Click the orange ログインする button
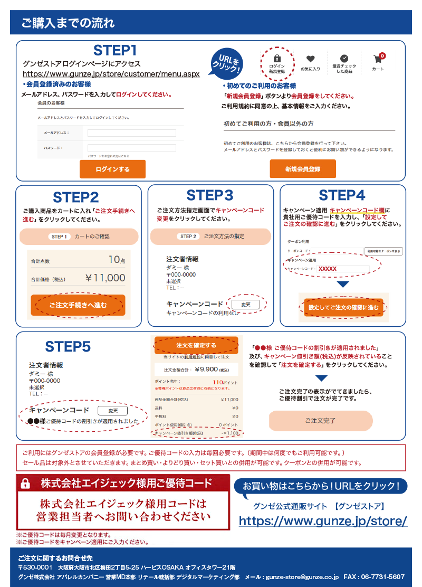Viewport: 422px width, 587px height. (112, 169)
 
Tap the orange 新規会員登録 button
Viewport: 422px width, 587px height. (303, 169)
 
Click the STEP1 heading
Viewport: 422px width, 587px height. (115, 51)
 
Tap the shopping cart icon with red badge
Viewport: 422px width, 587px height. (378, 59)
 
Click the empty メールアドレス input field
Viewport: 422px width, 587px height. (131, 133)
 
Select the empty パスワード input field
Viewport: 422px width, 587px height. (131, 148)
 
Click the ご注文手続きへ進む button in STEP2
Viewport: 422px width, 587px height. (78, 305)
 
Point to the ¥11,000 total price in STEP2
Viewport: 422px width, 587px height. (105, 278)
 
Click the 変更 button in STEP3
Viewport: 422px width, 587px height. (245, 305)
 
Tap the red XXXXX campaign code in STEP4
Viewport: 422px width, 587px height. (328, 269)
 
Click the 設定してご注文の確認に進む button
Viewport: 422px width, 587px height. (343, 307)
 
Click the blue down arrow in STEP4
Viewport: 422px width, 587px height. (343, 285)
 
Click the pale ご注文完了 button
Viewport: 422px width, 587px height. (321, 421)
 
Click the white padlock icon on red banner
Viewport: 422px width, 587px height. (25, 483)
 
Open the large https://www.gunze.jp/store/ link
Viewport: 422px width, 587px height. (323, 521)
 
